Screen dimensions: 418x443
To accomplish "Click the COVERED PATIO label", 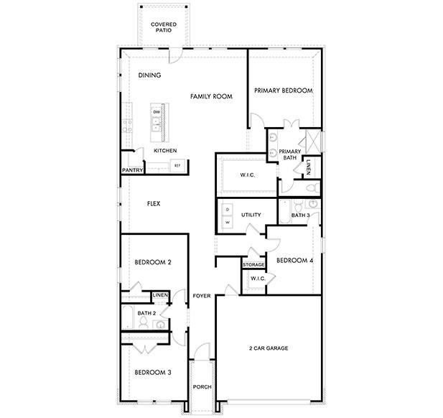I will (x=164, y=27).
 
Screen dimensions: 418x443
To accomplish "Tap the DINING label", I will (x=149, y=75).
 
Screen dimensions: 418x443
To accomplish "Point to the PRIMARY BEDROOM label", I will (x=284, y=90).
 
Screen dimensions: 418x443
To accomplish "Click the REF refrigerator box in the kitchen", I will (x=177, y=165).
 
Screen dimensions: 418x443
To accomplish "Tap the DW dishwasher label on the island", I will (x=156, y=111).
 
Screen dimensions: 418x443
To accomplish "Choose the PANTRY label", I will (x=133, y=170).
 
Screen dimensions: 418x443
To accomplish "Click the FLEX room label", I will (x=153, y=204).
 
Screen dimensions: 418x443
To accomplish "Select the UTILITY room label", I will (x=251, y=215).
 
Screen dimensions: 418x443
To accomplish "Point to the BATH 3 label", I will (x=300, y=215).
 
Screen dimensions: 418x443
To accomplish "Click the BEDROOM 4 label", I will (x=294, y=260).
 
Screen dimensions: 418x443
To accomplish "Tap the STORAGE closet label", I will (x=253, y=265).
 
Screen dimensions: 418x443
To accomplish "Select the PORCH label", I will (x=202, y=387).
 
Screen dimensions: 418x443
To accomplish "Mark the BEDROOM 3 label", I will (x=153, y=372).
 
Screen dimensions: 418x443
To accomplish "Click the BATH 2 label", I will (x=146, y=313).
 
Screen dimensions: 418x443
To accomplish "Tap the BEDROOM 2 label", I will (x=153, y=262).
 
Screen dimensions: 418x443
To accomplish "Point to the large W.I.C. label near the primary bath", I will (x=246, y=175).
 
